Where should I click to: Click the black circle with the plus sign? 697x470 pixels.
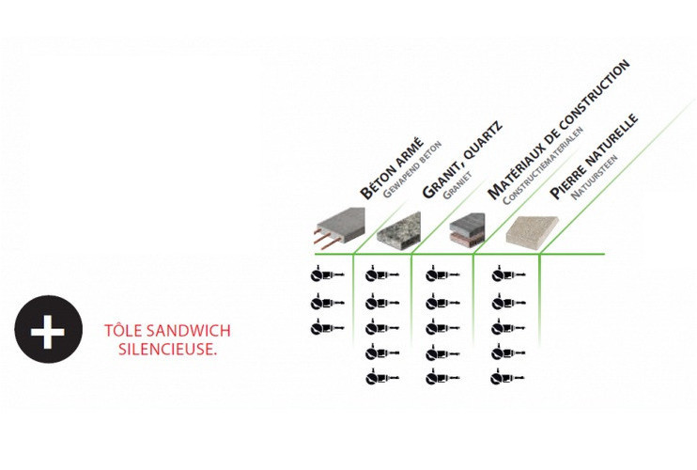(x=49, y=329)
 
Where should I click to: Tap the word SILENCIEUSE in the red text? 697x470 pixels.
(x=166, y=350)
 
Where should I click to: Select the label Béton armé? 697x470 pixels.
(x=392, y=167)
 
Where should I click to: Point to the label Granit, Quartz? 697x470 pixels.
(x=462, y=160)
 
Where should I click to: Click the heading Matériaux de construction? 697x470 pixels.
(x=558, y=130)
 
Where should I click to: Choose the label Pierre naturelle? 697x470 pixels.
(x=594, y=156)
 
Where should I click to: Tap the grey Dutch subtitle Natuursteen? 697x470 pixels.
(x=594, y=177)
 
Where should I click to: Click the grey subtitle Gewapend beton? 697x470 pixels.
(x=412, y=169)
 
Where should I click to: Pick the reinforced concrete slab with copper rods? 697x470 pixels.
(x=339, y=227)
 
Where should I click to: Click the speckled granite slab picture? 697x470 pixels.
(x=398, y=229)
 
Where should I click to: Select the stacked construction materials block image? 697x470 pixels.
(x=467, y=229)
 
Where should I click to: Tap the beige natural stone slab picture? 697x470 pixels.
(x=532, y=231)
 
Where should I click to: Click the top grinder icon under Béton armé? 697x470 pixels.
(x=327, y=274)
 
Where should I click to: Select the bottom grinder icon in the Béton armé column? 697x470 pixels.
(x=327, y=328)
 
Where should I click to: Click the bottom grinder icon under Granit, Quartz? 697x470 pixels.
(x=382, y=379)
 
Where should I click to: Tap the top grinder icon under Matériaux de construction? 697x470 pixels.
(x=442, y=274)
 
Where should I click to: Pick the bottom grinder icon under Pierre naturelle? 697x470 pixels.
(x=507, y=379)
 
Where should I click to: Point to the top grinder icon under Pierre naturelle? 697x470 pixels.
(x=508, y=274)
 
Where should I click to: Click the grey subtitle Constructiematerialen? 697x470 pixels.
(x=543, y=165)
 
